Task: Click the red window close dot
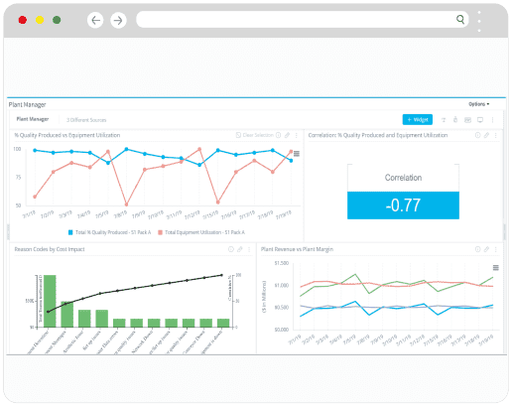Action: (x=21, y=20)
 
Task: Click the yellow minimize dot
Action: (x=39, y=20)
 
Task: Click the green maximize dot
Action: (x=57, y=20)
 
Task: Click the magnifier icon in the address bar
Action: (x=460, y=19)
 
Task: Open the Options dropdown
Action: (x=478, y=103)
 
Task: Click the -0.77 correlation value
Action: (x=403, y=205)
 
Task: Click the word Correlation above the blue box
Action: (x=403, y=178)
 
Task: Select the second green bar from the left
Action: (x=66, y=314)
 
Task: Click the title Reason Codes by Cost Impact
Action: (x=50, y=249)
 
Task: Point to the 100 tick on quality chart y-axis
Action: (x=18, y=149)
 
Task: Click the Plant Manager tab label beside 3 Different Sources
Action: (x=32, y=118)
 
